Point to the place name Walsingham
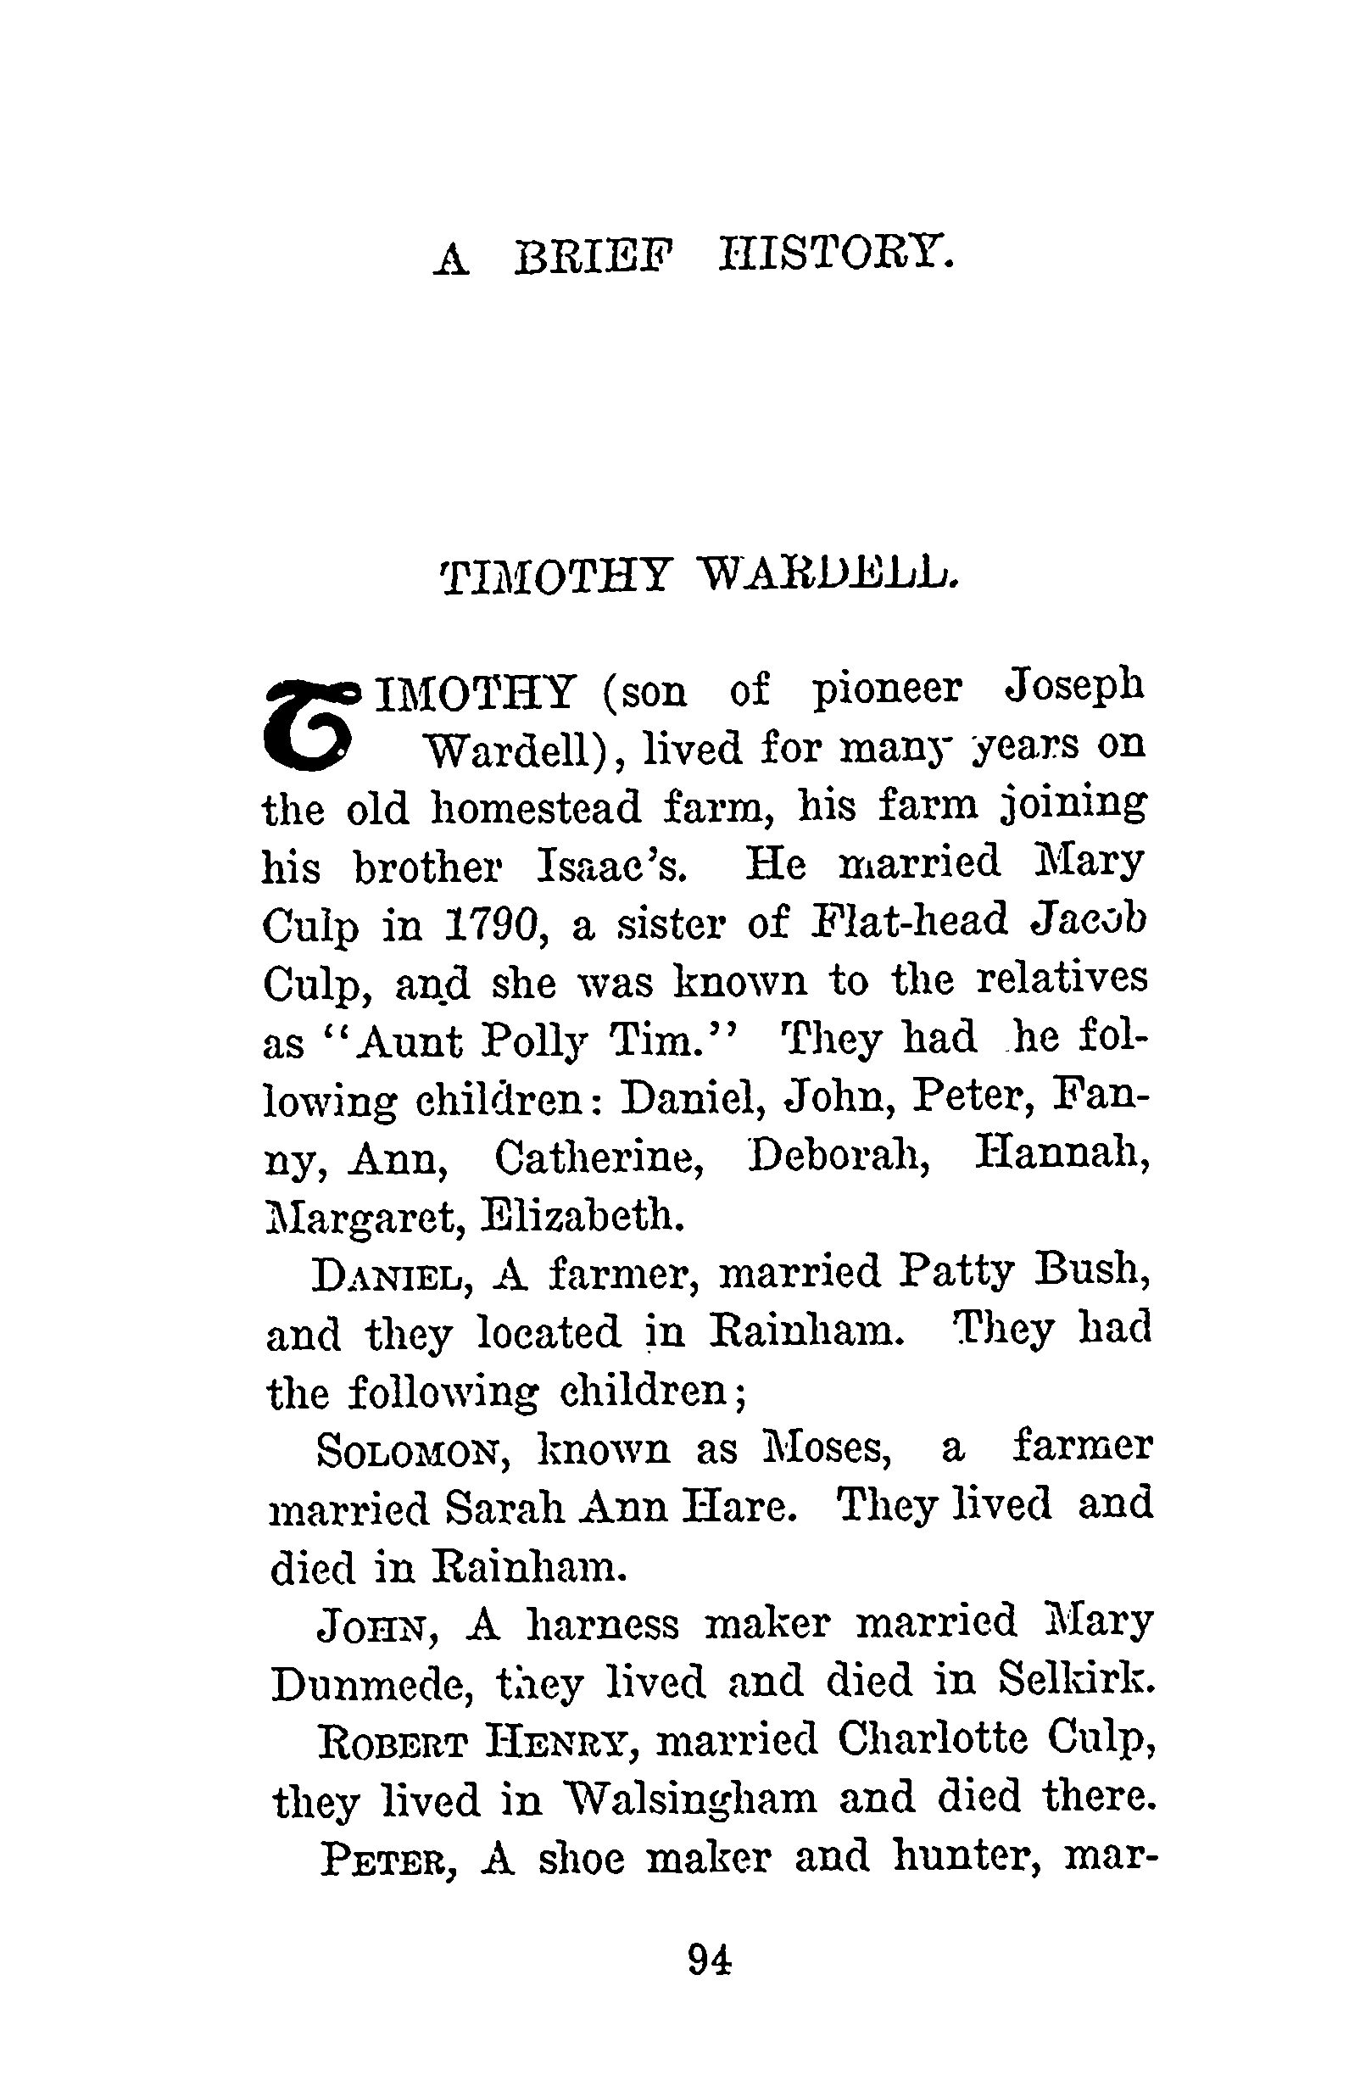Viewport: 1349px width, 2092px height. click(x=690, y=1799)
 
